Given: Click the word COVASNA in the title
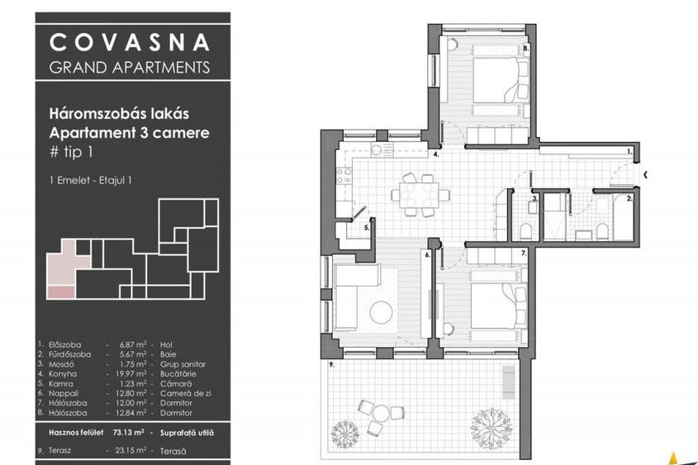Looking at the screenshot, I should point(130,42).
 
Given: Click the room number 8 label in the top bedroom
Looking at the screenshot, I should point(526,49).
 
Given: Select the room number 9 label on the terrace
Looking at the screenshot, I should point(330,364).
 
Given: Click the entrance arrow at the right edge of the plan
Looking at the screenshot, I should point(644,174).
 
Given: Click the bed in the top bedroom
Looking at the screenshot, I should point(493,84).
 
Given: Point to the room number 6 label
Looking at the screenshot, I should point(428,255).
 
